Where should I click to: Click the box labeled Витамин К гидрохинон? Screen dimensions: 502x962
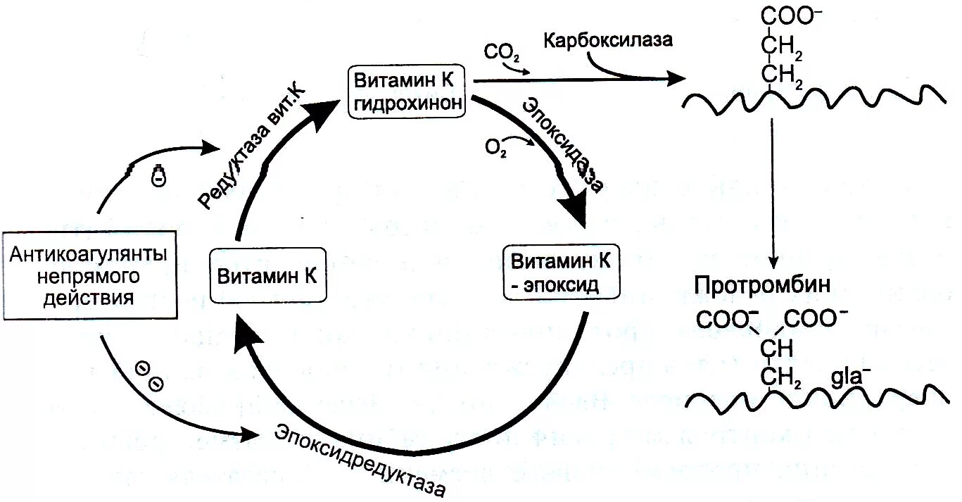click(407, 91)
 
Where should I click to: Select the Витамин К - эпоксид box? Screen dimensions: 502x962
click(560, 272)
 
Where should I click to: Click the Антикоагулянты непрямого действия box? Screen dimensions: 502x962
click(89, 275)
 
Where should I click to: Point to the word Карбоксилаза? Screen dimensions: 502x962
click(607, 39)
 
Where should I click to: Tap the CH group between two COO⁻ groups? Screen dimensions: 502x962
click(777, 349)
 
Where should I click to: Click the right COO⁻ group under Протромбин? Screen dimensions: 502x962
click(816, 319)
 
